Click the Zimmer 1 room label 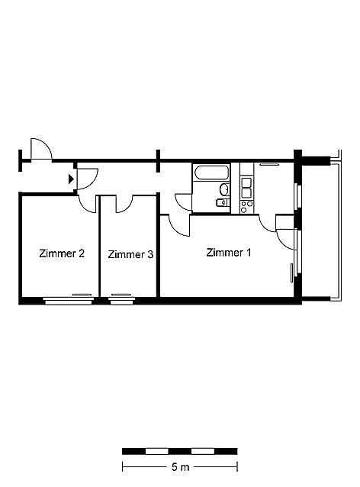click(x=228, y=253)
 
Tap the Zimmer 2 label click(x=62, y=253)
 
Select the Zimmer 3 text click(x=130, y=254)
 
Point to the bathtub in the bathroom click(x=212, y=173)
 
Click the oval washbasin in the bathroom click(x=224, y=189)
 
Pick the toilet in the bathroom click(x=222, y=202)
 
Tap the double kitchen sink click(x=246, y=188)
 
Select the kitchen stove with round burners click(x=246, y=207)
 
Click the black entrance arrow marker click(x=71, y=179)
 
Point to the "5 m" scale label click(x=180, y=467)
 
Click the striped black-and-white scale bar click(x=180, y=451)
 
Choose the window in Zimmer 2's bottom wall click(x=69, y=300)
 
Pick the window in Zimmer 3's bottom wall click(x=122, y=300)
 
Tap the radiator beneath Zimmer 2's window click(x=82, y=295)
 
